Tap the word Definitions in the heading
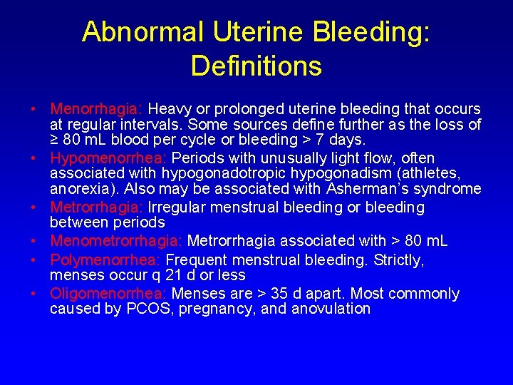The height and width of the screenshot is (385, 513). click(x=256, y=66)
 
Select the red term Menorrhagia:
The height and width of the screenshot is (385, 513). click(x=97, y=109)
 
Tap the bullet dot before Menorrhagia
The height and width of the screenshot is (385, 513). click(x=34, y=110)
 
